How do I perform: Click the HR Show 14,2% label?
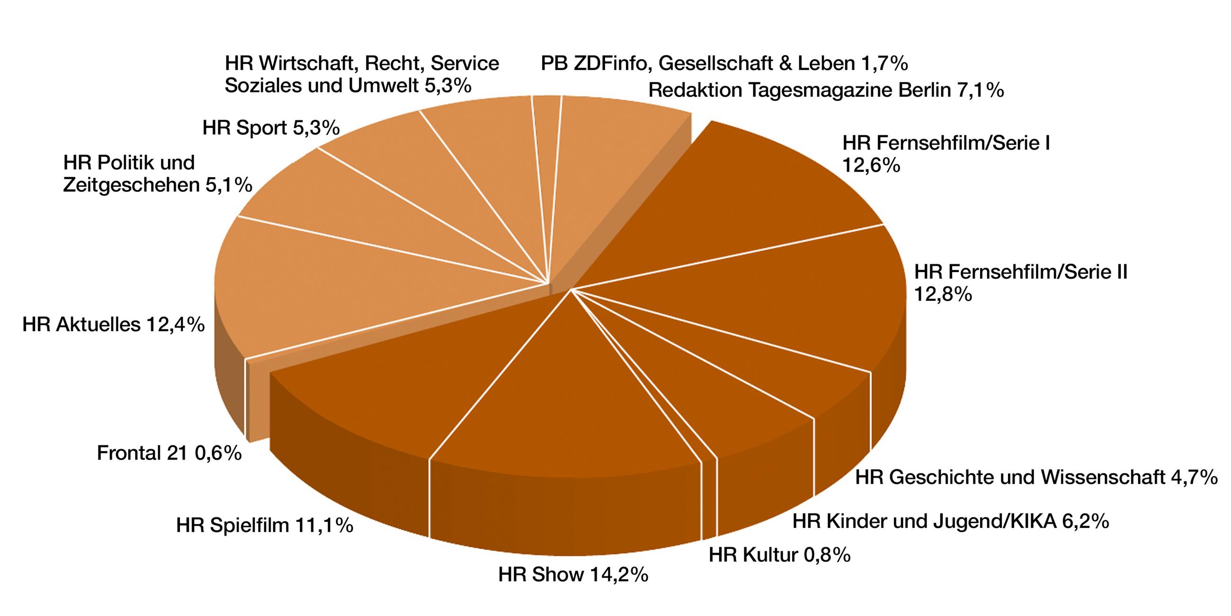click(x=572, y=574)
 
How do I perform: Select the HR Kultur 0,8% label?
click(x=779, y=555)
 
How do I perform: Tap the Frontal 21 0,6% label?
click(x=169, y=453)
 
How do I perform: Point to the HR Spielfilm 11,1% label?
click(x=264, y=525)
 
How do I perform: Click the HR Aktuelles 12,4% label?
click(x=113, y=325)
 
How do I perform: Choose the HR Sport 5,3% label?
click(x=270, y=127)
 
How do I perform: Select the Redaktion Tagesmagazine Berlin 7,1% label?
click(x=826, y=90)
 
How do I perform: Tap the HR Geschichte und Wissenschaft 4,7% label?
click(x=1036, y=477)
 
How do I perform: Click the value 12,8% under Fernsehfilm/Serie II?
click(x=942, y=295)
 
